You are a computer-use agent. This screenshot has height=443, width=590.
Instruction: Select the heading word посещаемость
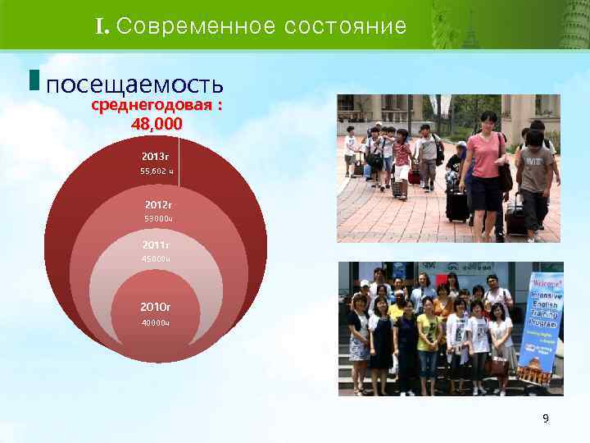[135, 84]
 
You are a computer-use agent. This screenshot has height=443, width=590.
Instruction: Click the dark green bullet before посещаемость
[33, 80]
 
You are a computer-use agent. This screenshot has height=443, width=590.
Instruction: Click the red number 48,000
[157, 124]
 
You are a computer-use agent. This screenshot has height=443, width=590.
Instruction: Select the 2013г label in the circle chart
[155, 156]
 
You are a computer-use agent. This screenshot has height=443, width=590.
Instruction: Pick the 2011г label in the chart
[156, 244]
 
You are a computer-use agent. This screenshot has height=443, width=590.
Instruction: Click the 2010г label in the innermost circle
[156, 307]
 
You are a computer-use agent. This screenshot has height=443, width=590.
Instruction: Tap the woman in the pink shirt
[486, 164]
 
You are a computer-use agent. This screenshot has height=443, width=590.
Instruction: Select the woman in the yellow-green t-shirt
[429, 336]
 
